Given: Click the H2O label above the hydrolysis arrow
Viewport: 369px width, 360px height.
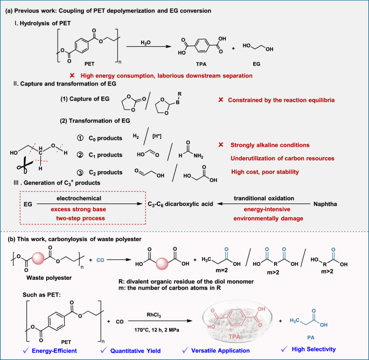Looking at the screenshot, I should (145, 43).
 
